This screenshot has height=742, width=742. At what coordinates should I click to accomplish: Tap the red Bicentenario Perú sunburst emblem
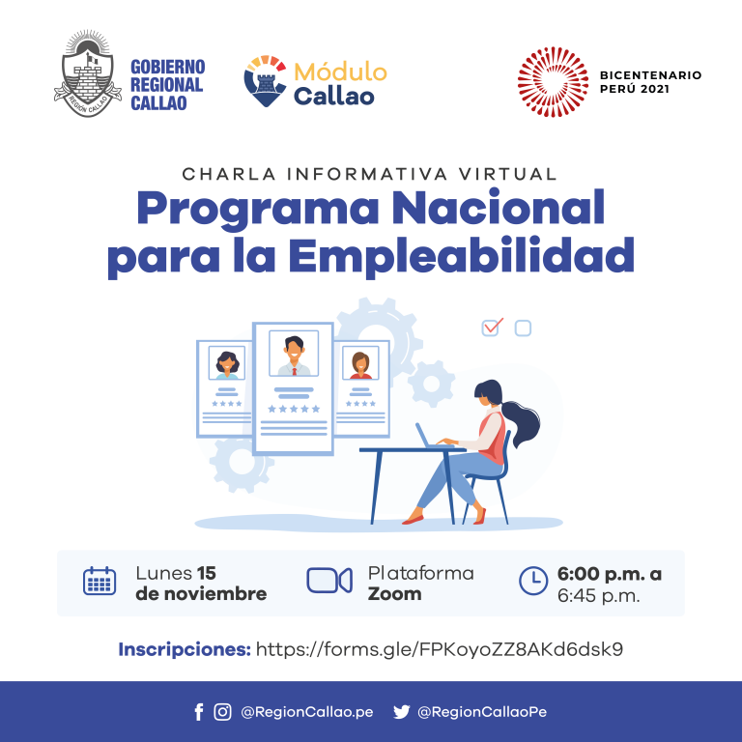pyautogui.click(x=553, y=82)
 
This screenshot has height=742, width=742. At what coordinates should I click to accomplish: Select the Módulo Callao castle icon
pyautogui.click(x=266, y=81)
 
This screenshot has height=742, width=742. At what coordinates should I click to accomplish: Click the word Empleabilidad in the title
pyautogui.click(x=462, y=256)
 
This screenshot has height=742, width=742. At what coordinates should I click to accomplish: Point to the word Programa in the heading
pyautogui.click(x=258, y=209)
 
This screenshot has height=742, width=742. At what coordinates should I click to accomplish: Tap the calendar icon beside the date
pyautogui.click(x=100, y=581)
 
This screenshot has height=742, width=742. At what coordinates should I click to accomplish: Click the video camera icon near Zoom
pyautogui.click(x=329, y=580)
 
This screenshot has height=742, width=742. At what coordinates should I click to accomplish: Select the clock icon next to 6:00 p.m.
pyautogui.click(x=533, y=580)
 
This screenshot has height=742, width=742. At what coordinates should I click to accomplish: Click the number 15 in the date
pyautogui.click(x=207, y=573)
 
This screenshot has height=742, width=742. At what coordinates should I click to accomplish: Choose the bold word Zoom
pyautogui.click(x=394, y=593)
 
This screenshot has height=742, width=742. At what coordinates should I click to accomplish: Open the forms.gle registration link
pyautogui.click(x=440, y=649)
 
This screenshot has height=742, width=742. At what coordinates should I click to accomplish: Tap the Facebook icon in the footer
pyautogui.click(x=199, y=712)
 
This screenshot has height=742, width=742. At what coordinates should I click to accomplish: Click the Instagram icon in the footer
pyautogui.click(x=222, y=712)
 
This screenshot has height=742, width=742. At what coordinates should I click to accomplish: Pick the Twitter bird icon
pyautogui.click(x=401, y=712)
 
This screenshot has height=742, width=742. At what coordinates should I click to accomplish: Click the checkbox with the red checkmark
pyautogui.click(x=491, y=327)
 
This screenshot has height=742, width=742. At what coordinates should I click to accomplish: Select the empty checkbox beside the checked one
pyautogui.click(x=523, y=328)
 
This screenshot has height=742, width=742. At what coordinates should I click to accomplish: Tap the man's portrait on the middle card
pyautogui.click(x=294, y=354)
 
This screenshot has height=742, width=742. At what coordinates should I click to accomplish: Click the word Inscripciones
pyautogui.click(x=185, y=649)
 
